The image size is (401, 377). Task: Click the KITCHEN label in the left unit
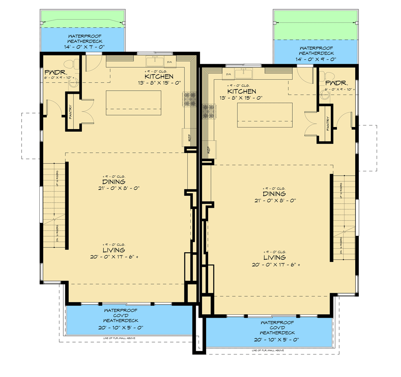[159, 77]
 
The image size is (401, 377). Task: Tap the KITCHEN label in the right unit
[241, 91]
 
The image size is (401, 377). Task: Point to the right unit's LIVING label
[274, 257]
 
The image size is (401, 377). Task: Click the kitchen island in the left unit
[133, 103]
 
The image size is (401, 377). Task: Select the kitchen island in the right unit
[265, 115]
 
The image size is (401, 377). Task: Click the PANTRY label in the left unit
[71, 113]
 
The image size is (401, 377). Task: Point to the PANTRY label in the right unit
[328, 124]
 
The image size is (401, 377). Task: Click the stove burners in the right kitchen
[209, 111]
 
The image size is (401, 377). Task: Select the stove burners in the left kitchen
[189, 100]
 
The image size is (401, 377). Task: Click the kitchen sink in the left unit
[154, 61]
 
